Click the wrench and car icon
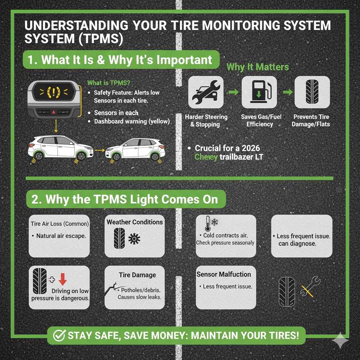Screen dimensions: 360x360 (x=206, y=92)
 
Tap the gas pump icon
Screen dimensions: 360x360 (x=259, y=92)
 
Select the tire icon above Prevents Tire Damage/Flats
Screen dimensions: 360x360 (x=312, y=92)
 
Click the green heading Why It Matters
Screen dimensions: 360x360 (x=258, y=67)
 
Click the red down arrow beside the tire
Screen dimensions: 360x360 (x=62, y=279)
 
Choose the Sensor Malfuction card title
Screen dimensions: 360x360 (x=224, y=274)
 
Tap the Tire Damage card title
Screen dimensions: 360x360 (x=137, y=275)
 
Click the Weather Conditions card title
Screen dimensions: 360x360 (x=135, y=222)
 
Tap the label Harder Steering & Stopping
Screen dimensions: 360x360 (x=206, y=120)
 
